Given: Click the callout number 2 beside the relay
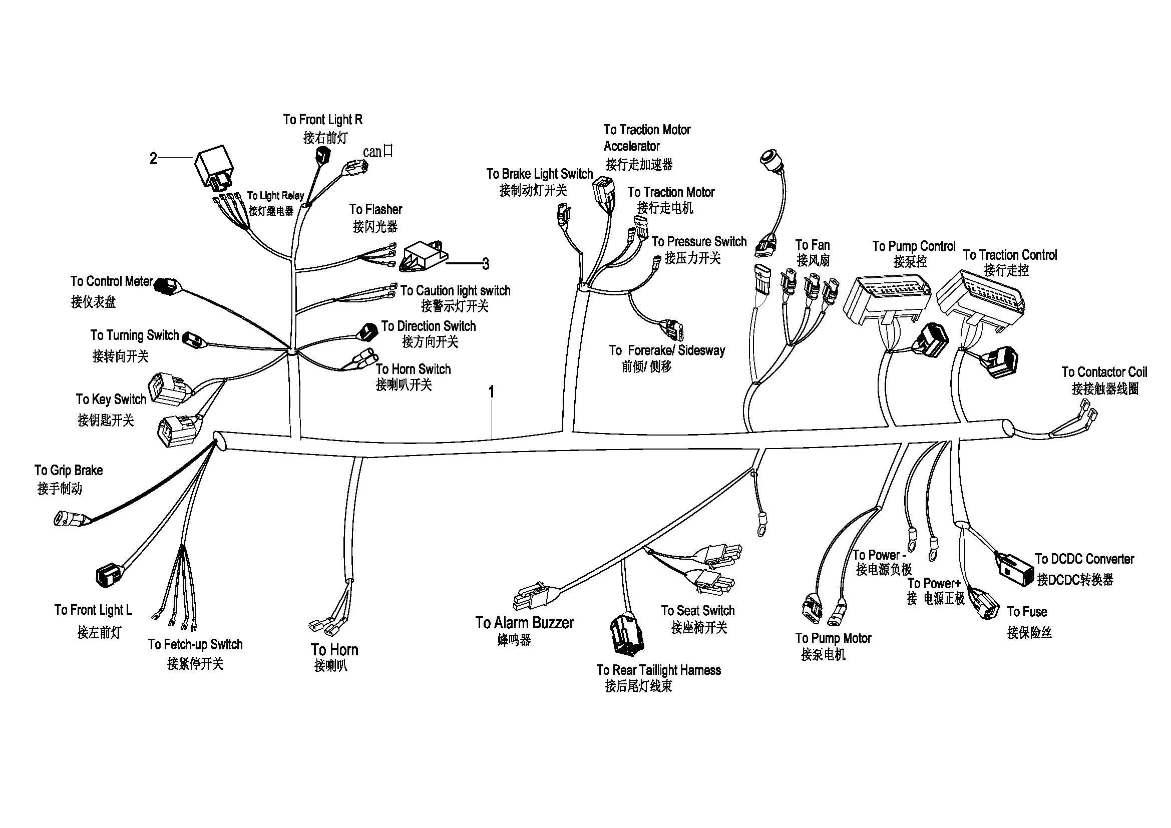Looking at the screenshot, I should click(x=153, y=159).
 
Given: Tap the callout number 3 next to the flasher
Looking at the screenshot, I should click(x=486, y=264).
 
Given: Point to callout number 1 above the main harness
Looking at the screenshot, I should click(x=491, y=391).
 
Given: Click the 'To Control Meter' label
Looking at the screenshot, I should click(x=111, y=281).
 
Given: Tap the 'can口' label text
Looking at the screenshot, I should click(x=378, y=151).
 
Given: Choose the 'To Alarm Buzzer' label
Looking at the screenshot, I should click(x=524, y=623).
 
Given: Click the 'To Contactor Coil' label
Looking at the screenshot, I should click(x=1104, y=372).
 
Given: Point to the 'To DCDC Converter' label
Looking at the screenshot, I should click(x=1084, y=559).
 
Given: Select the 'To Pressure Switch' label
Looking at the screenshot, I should click(x=699, y=242).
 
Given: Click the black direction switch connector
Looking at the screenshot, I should click(x=368, y=331).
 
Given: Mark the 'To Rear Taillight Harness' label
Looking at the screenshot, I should click(x=658, y=670).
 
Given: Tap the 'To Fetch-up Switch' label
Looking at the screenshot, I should click(x=195, y=644).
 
